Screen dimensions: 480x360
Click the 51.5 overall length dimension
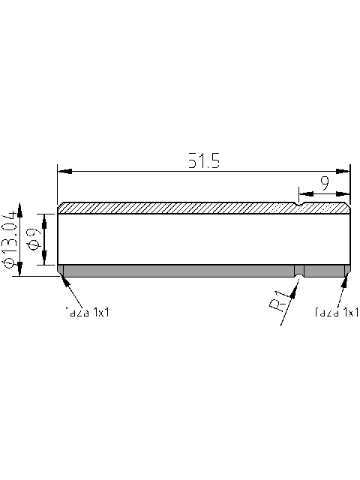click(202, 161)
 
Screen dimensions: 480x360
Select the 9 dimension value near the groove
click(324, 181)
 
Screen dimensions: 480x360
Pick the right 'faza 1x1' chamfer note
click(337, 312)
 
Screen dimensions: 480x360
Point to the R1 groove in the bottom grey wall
click(299, 271)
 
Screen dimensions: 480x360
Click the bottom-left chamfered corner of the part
click(60, 272)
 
